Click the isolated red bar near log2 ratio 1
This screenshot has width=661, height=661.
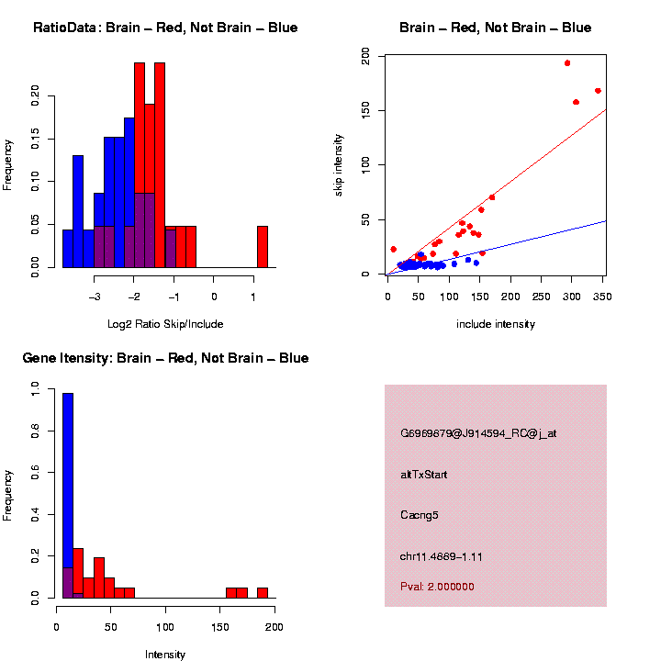[262, 247]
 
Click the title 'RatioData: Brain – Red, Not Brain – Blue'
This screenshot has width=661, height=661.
[165, 28]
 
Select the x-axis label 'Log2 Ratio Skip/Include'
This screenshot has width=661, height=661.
[165, 324]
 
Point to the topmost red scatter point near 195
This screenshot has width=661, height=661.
[567, 63]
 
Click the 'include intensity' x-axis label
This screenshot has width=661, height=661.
[496, 324]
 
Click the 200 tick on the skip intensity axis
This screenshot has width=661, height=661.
[366, 57]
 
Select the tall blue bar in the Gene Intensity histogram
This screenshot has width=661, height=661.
[68, 496]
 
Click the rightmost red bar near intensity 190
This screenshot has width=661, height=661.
[263, 592]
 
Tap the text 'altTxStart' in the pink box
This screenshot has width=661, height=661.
[424, 475]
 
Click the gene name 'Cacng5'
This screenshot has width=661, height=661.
[420, 515]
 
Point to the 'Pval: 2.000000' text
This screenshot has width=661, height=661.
[437, 587]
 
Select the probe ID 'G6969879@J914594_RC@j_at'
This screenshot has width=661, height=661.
[478, 433]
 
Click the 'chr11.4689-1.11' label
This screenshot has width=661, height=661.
[442, 556]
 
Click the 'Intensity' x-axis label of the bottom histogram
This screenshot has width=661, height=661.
[165, 655]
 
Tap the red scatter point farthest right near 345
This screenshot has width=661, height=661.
[598, 91]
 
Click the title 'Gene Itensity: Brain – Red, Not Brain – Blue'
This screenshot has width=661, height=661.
[165, 358]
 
